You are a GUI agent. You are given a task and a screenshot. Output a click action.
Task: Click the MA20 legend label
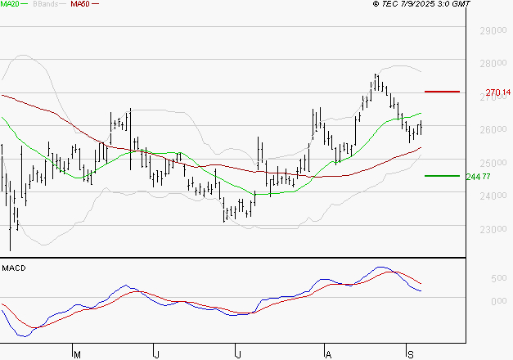pos(11,5)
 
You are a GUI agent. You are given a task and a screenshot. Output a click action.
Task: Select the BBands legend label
pos(46,5)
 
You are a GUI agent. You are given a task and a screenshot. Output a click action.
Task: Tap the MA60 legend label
pos(80,5)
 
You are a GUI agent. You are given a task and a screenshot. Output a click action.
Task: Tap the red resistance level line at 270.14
pos(442,92)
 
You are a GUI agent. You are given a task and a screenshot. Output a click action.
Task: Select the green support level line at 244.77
pos(442,175)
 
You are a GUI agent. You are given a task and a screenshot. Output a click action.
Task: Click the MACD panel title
pos(14,268)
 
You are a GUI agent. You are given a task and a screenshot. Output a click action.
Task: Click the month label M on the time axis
pos(77,354)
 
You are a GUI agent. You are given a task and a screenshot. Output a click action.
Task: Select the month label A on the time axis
pos(327,354)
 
